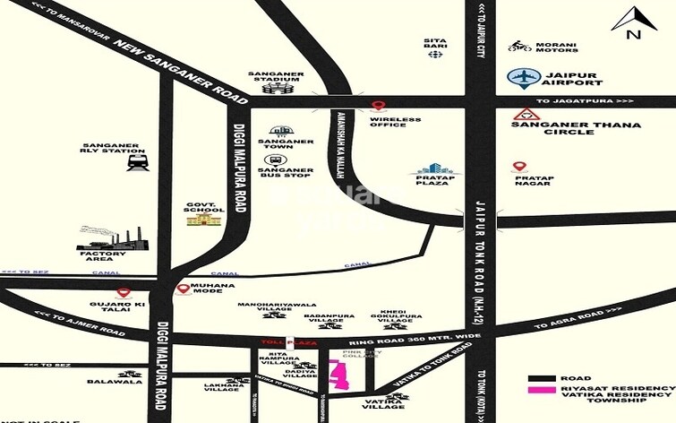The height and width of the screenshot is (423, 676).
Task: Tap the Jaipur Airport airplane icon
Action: click(x=521, y=77)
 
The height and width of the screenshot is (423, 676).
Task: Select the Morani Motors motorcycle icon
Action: click(x=519, y=46)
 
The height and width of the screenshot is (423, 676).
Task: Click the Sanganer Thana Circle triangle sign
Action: click(x=524, y=115)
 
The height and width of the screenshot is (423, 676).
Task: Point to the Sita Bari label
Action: click(x=436, y=41)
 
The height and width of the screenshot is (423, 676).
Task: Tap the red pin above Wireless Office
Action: click(x=378, y=107)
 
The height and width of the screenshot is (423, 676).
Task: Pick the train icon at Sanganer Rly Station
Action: click(x=138, y=162)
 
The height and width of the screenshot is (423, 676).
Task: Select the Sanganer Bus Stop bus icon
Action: click(x=271, y=160)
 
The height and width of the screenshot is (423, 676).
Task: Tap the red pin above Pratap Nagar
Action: click(x=519, y=168)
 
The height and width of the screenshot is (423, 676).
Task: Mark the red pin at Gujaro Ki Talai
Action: click(x=124, y=292)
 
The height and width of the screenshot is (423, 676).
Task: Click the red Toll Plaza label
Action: click(x=278, y=343)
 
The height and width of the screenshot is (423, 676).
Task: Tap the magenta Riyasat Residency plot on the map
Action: click(x=339, y=374)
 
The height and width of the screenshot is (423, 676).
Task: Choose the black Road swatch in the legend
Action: click(x=541, y=379)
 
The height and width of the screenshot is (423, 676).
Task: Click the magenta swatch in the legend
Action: click(x=541, y=391)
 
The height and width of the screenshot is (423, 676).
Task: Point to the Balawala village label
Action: click(x=115, y=382)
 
